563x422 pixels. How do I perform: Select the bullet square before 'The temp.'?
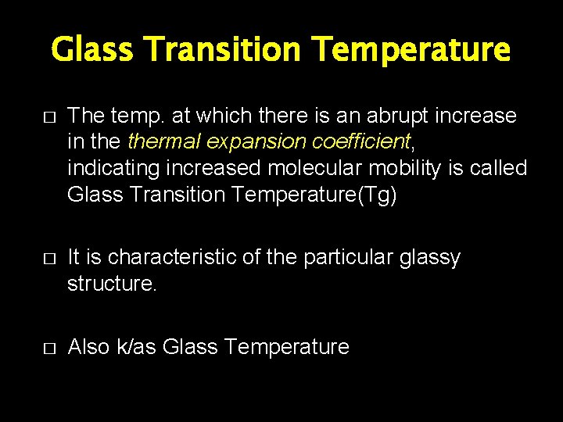point(48,116)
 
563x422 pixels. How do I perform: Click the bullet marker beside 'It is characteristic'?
point(48,258)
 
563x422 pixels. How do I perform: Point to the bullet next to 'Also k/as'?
point(48,348)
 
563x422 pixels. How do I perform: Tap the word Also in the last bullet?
point(89,347)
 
